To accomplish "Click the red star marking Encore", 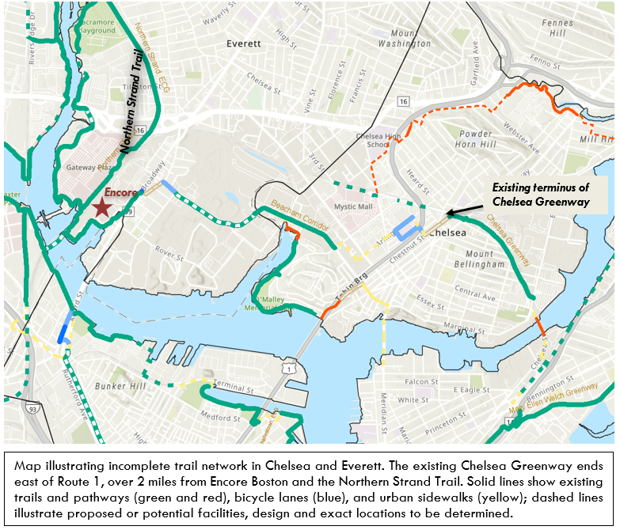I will [x=101, y=207].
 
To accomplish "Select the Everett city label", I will [x=243, y=44].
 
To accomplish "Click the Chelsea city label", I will [x=451, y=233].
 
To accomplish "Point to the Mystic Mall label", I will [x=353, y=207].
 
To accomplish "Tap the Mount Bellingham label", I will [x=477, y=257].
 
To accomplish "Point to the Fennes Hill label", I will [x=558, y=28].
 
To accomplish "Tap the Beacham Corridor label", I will [x=299, y=215].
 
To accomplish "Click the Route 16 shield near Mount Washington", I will [x=403, y=101].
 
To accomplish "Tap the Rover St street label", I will [x=169, y=253].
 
